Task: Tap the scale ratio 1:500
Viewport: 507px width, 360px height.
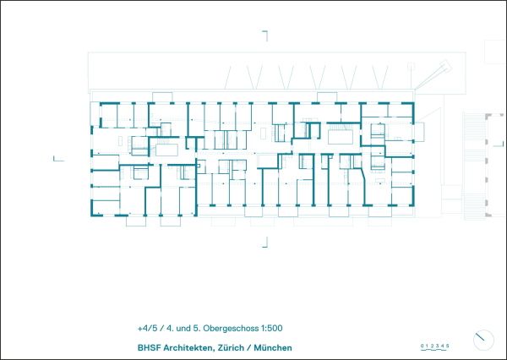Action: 271,328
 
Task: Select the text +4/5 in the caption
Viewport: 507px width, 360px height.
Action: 147,328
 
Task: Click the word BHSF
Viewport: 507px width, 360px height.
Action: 149,348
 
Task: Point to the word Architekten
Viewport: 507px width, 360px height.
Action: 188,348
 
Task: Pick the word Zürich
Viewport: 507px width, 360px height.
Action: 231,348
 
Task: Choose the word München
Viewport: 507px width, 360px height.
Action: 273,348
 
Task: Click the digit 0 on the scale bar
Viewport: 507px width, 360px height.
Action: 422,346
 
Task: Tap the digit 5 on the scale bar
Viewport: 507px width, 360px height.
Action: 448,346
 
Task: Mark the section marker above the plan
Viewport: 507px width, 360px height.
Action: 265,35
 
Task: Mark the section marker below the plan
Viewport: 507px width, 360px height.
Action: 265,243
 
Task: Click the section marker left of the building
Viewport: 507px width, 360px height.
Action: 58,160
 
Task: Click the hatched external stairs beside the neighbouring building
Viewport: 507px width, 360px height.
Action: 475,166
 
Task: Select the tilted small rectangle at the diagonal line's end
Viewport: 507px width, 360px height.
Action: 446,66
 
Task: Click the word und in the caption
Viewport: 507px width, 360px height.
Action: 183,329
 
